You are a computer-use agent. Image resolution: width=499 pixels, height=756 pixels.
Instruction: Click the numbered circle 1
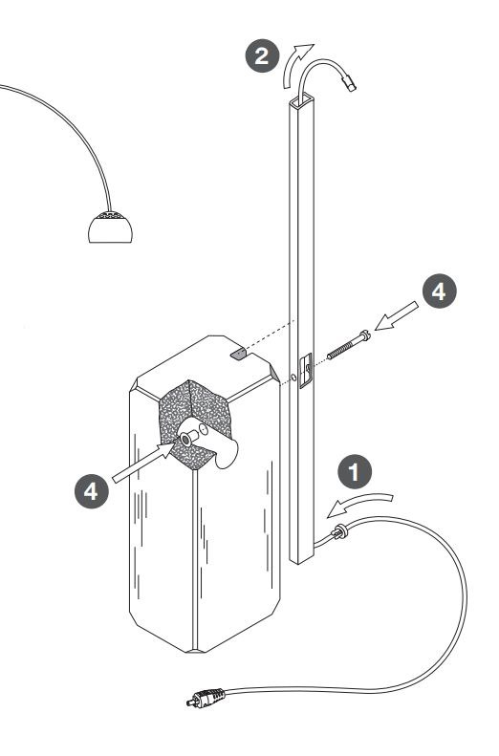[x=355, y=471]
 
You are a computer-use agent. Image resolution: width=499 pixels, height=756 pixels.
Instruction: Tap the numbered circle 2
[x=262, y=55]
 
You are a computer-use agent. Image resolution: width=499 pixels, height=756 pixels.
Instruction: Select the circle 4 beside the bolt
[x=439, y=292]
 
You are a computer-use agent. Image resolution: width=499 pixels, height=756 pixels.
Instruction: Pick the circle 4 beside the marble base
[x=92, y=491]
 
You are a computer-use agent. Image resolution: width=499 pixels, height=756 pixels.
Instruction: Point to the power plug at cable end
[x=206, y=697]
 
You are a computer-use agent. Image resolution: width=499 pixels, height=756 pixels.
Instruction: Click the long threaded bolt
[x=349, y=345]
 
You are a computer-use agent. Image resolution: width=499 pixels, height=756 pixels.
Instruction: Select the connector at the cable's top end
[x=349, y=82]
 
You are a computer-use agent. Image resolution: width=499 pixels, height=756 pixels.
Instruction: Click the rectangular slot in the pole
[x=306, y=370]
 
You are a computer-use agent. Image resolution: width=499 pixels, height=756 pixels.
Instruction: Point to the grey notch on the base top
[x=238, y=355]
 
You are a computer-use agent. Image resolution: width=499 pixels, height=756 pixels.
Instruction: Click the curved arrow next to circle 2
[x=295, y=63]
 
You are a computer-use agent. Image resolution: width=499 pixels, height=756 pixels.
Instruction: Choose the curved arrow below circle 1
[x=359, y=504]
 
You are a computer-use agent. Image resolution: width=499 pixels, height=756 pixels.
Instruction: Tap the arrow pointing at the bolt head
[x=397, y=315]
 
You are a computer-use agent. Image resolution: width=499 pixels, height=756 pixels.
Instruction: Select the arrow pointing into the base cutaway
[x=143, y=462]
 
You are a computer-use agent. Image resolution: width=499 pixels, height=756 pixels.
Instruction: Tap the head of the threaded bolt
[x=365, y=335]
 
